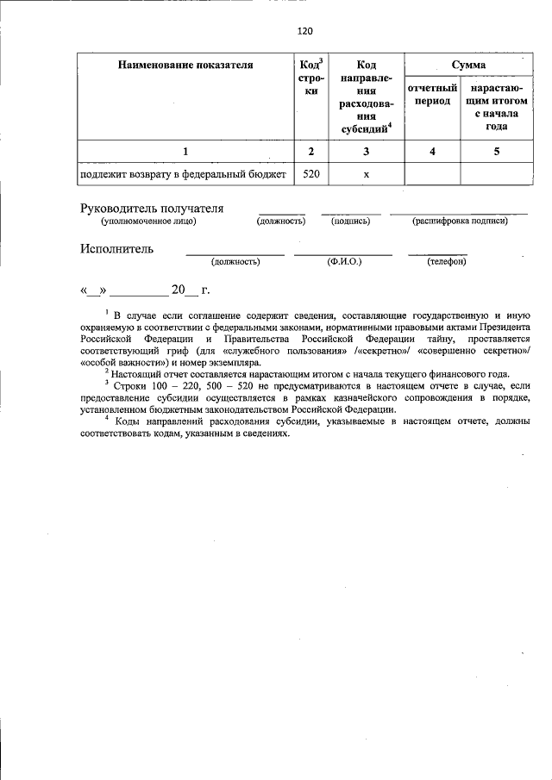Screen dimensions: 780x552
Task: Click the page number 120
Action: click(x=303, y=31)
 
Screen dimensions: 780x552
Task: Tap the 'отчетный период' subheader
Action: click(x=432, y=95)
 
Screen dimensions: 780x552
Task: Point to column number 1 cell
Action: click(x=185, y=152)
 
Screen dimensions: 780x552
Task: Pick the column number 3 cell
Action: click(x=367, y=152)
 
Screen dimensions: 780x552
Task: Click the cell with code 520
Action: click(x=311, y=173)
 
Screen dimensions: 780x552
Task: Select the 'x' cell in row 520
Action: click(x=367, y=173)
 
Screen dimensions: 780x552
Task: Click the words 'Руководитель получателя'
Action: click(x=152, y=208)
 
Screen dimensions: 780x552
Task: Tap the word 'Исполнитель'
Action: click(x=117, y=249)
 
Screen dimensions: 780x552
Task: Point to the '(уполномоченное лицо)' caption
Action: click(x=148, y=222)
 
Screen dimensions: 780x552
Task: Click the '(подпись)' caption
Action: click(x=350, y=222)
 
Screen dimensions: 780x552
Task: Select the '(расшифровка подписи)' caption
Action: click(x=460, y=222)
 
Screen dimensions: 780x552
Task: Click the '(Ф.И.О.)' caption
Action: click(x=344, y=261)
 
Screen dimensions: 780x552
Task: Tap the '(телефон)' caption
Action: click(x=447, y=261)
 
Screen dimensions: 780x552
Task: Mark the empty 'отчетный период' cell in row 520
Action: click(x=432, y=173)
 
